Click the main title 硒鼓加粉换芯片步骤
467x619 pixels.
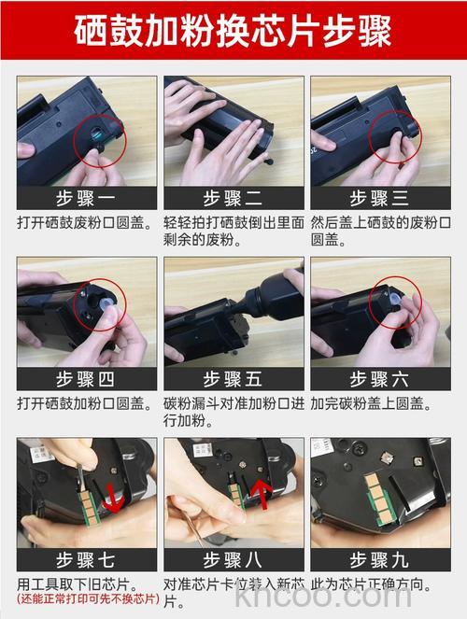pyautogui.click(x=233, y=30)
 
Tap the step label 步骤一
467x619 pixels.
pyautogui.click(x=86, y=198)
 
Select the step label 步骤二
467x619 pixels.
pyautogui.click(x=233, y=198)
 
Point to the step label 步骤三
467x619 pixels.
pyautogui.click(x=379, y=198)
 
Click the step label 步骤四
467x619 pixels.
pyautogui.click(x=86, y=379)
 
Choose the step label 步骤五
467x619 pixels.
pyautogui.click(x=233, y=379)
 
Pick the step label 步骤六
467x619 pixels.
pyautogui.click(x=379, y=379)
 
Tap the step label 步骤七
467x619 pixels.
pyautogui.click(x=86, y=560)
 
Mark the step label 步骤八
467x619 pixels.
pyautogui.click(x=233, y=560)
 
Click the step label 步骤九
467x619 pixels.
pyautogui.click(x=379, y=560)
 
